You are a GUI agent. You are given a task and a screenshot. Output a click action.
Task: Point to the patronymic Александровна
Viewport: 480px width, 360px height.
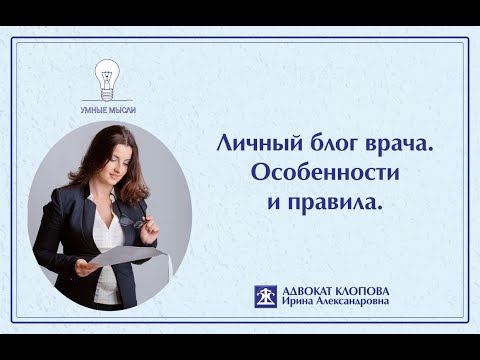click(357, 304)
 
